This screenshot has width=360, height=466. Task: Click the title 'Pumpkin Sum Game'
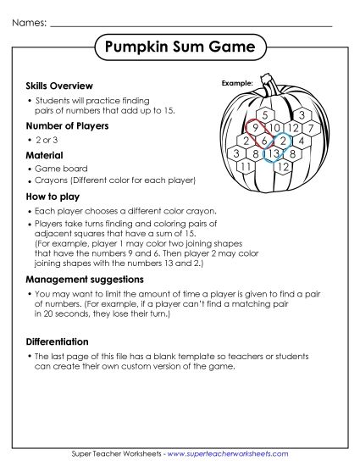tap(180, 48)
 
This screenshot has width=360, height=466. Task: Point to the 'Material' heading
tap(47, 156)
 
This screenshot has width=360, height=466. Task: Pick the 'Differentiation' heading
tap(63, 341)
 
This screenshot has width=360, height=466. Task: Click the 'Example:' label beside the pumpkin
tap(237, 83)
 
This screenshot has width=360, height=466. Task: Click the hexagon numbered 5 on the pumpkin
tap(266, 115)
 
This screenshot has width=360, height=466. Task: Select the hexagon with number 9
tap(255, 128)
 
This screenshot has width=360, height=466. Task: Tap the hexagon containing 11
tap(246, 166)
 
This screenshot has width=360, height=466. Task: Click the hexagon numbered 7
tap(310, 128)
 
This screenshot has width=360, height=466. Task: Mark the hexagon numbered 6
tap(264, 141)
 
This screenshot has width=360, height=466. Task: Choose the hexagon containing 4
tap(301, 141)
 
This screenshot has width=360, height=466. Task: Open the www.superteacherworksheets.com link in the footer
tap(228, 455)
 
